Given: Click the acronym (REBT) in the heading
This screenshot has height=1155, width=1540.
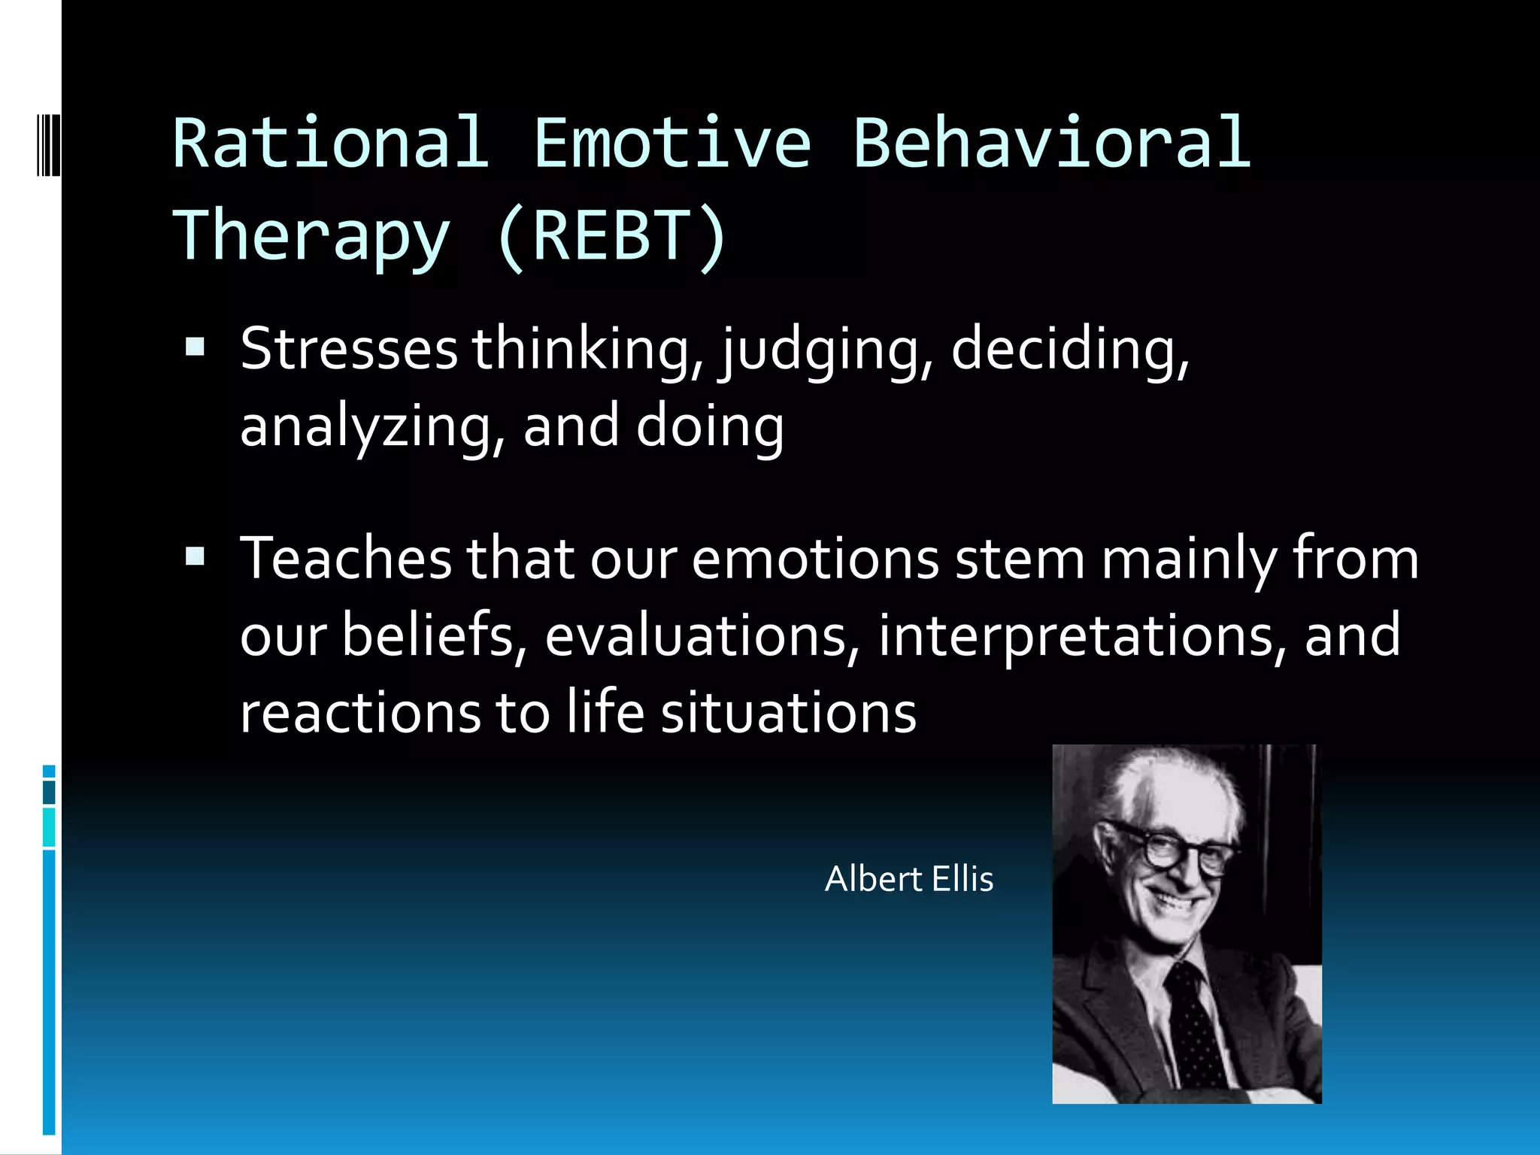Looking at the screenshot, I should coord(611,236).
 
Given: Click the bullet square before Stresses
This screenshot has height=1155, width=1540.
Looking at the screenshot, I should coord(195,347).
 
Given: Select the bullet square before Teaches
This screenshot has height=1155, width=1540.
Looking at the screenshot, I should coord(195,557).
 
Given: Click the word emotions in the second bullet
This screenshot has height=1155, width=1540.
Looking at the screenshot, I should coord(815,559).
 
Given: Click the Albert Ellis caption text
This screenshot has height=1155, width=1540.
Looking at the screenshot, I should coord(908,879).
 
